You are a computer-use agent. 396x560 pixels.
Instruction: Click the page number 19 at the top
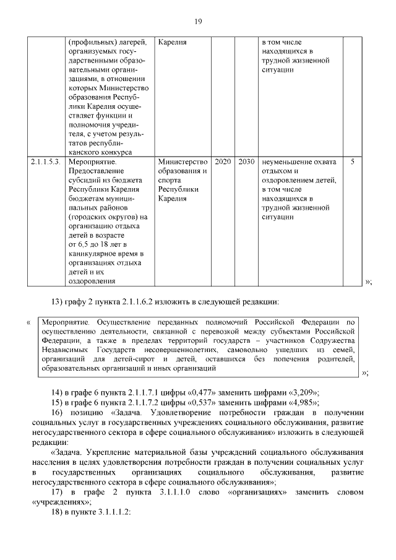(198, 23)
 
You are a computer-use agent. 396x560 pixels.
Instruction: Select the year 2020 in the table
(223, 162)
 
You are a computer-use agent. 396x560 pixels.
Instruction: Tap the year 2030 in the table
(246, 162)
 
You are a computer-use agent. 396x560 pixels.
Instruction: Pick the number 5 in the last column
(352, 162)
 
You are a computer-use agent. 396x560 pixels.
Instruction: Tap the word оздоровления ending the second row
(92, 282)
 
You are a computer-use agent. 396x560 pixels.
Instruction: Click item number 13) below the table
(57, 303)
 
